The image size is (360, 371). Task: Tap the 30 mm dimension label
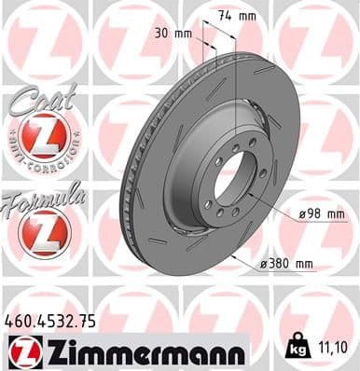(175, 34)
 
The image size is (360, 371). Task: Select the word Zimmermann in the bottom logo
(140, 351)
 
